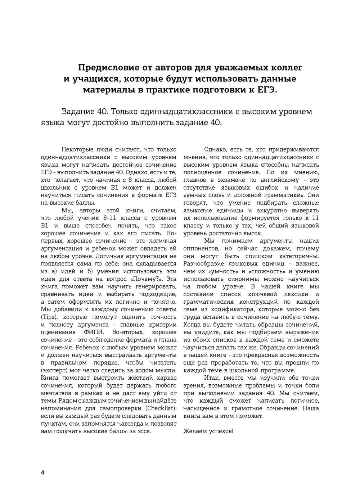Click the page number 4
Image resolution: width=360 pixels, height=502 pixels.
[42, 472]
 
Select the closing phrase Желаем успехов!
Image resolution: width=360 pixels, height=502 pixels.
[208, 431]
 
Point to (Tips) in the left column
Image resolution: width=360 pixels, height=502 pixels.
[50, 317]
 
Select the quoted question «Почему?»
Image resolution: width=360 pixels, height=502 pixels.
[154, 279]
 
